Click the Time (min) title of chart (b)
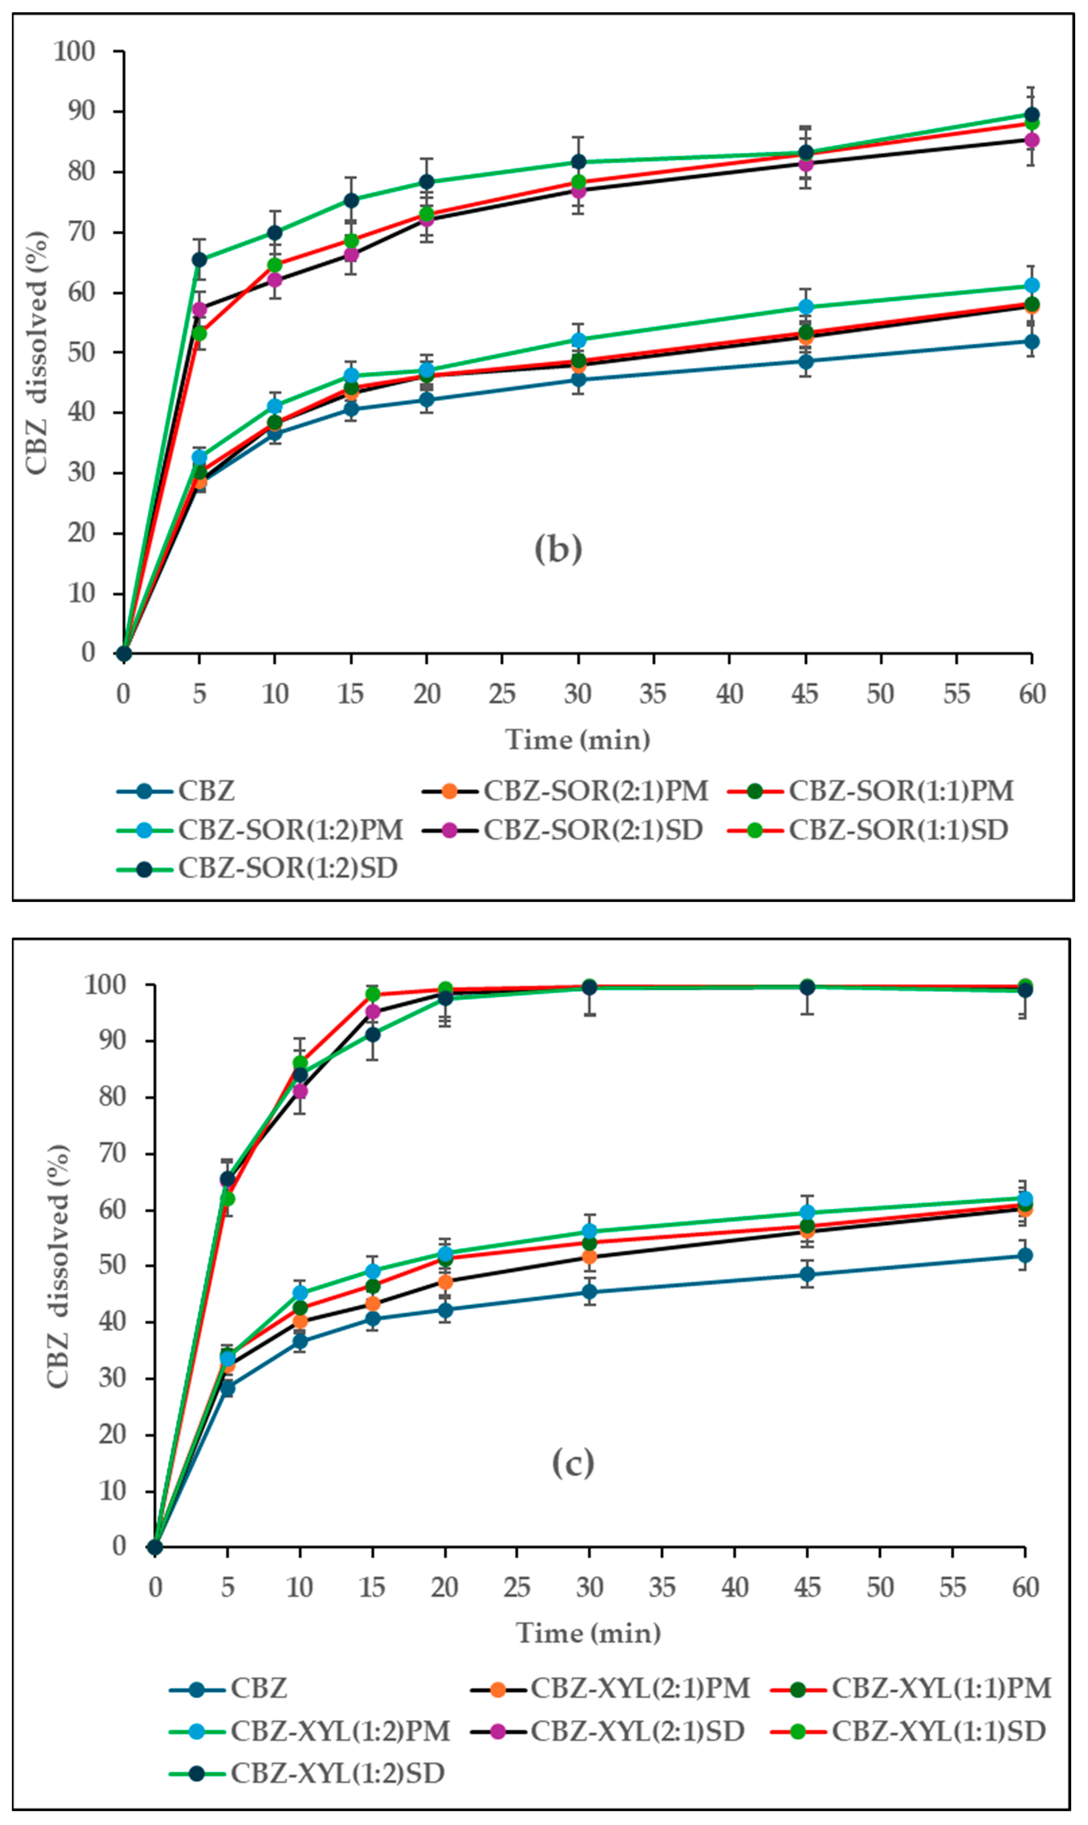pyautogui.click(x=578, y=739)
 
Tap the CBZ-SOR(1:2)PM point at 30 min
pyautogui.click(x=578, y=340)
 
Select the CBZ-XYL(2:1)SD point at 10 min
pyautogui.click(x=300, y=1091)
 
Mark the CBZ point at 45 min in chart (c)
pyautogui.click(x=807, y=1274)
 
